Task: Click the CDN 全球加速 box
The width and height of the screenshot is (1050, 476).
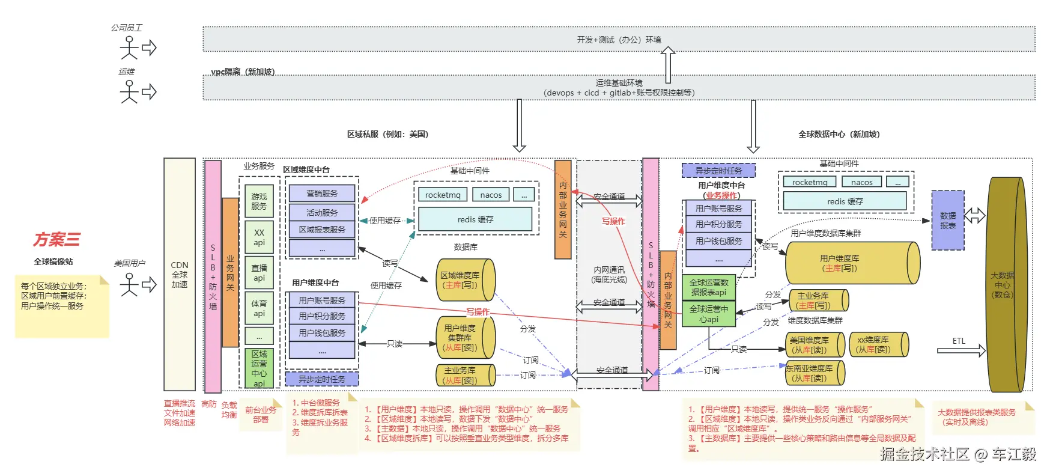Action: pos(180,275)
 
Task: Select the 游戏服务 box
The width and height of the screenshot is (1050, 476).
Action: pos(259,201)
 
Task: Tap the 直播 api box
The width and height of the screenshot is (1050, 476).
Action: pos(259,273)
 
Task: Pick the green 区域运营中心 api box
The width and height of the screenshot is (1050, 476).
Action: pos(259,368)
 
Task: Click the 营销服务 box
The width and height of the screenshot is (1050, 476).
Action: pos(322,194)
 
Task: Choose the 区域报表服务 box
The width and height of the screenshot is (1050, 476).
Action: pos(322,230)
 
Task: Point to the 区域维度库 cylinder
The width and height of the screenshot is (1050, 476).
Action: pos(465,280)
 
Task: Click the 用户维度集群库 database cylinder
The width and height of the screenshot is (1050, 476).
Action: pos(465,338)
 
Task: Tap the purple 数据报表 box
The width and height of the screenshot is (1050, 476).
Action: pos(948,221)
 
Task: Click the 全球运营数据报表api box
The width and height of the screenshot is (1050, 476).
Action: pos(709,287)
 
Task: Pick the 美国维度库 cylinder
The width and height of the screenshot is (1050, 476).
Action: pos(815,345)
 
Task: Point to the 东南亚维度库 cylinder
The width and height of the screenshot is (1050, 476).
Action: pos(815,373)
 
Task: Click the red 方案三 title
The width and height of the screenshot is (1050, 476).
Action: pos(56,240)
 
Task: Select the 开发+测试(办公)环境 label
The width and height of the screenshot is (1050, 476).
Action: pos(619,40)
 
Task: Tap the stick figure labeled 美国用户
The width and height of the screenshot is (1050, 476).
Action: pos(129,284)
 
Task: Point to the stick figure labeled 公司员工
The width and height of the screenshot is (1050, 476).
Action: pos(129,47)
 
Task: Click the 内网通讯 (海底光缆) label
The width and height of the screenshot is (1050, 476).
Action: pos(609,275)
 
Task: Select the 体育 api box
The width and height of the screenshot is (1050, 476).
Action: pos(259,308)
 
